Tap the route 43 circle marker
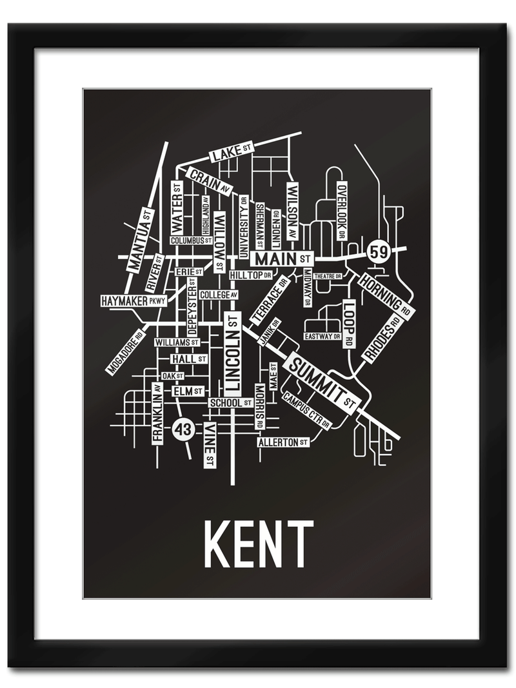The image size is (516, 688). pos(183,429)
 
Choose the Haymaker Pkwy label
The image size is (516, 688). pos(134,300)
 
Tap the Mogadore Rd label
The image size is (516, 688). pos(126,352)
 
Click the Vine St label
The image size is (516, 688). pos(209,445)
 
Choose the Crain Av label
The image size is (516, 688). pos(209,182)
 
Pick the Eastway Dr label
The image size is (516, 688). pos(322,336)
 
